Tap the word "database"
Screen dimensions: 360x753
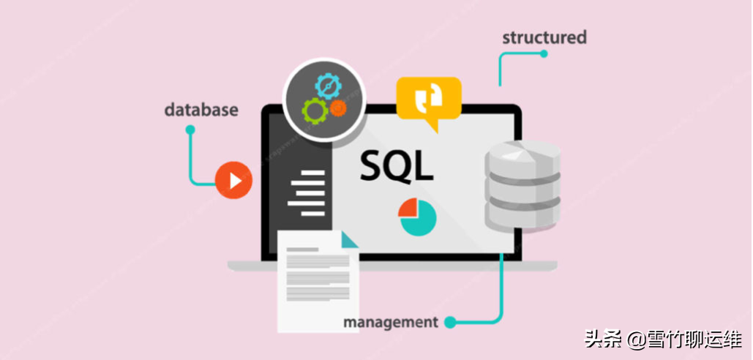tap(201, 110)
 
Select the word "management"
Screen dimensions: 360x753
tap(390, 322)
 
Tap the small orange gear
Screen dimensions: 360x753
tap(337, 108)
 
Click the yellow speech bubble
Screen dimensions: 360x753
tap(428, 99)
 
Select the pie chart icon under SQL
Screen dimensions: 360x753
tap(417, 217)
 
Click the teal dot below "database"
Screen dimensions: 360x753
tap(190, 130)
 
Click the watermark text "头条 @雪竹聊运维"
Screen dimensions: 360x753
tap(662, 339)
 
